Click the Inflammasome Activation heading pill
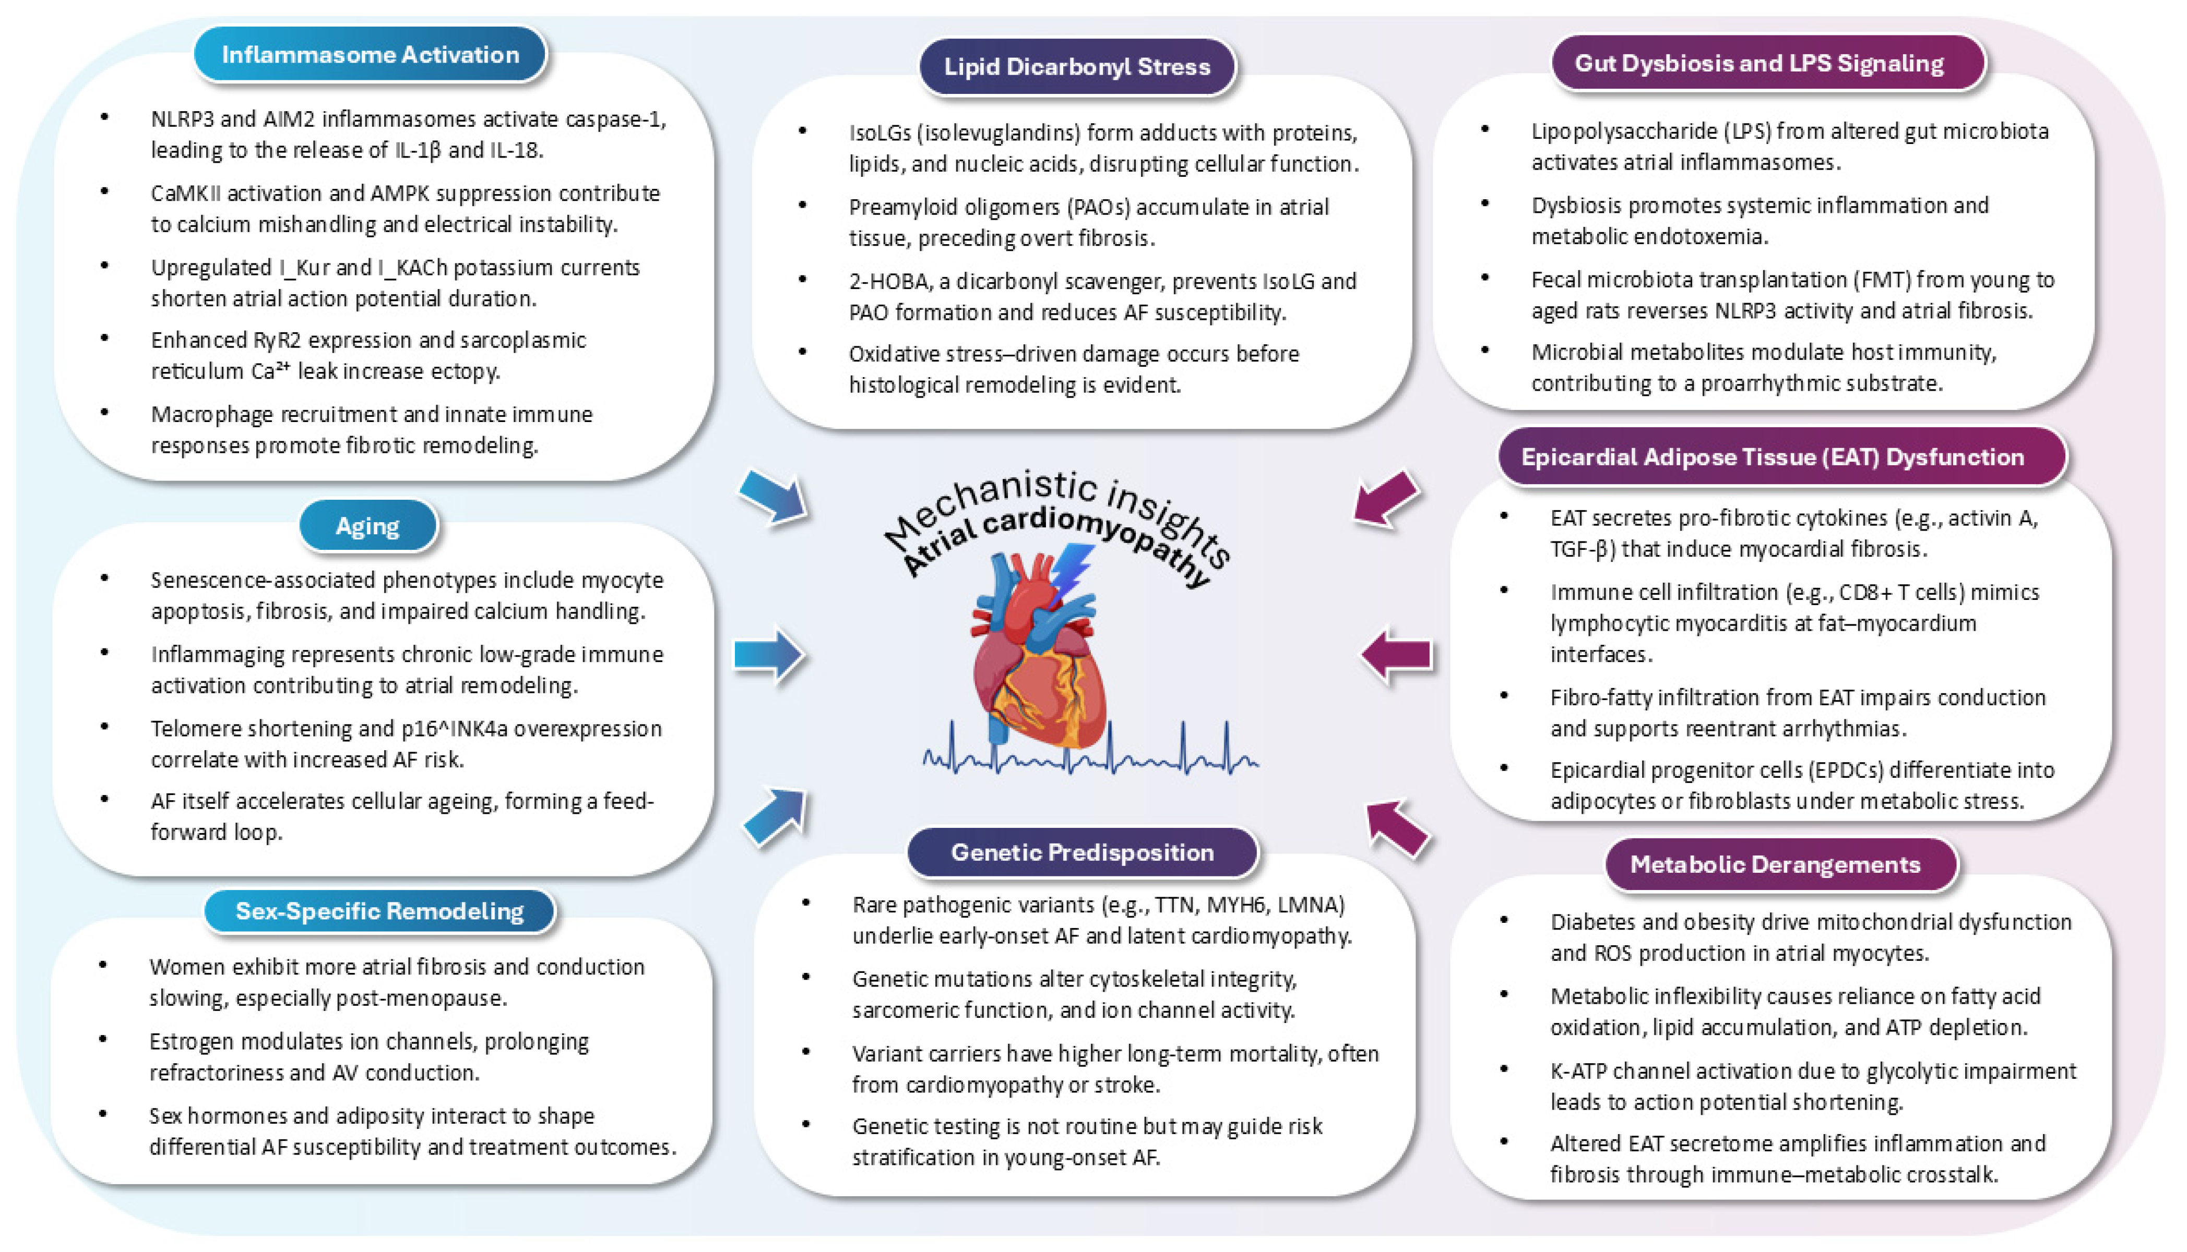coord(370,55)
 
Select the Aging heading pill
coord(367,525)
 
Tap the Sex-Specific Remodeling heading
coord(379,911)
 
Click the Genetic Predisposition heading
coord(1081,852)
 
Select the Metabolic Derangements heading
coord(1774,864)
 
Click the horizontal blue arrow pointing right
coord(768,655)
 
